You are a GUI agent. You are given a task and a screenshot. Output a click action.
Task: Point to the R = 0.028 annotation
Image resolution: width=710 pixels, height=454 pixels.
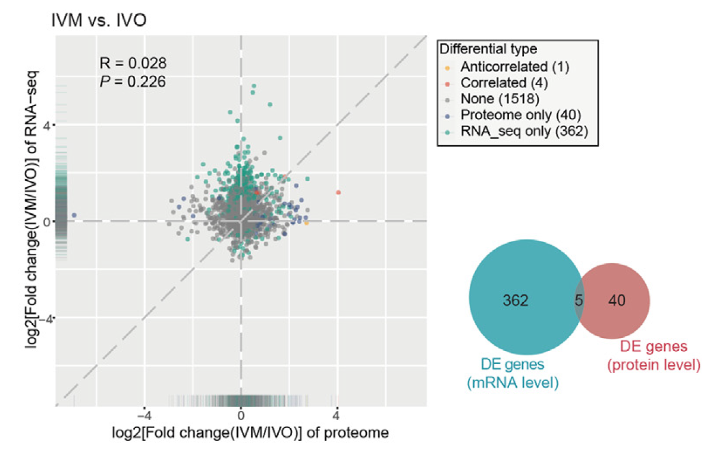coord(133,63)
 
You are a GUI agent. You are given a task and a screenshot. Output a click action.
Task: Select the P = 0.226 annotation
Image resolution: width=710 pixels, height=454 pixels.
coord(133,81)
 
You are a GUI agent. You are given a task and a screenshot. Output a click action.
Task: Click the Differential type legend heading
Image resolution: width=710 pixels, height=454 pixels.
coord(486,48)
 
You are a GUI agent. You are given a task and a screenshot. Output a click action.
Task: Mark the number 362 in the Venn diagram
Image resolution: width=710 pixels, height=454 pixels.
coord(515,300)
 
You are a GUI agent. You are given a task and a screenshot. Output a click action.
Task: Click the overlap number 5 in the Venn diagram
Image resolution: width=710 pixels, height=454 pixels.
coord(579,300)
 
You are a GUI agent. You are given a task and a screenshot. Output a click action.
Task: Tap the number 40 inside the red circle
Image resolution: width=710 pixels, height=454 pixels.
coord(617,300)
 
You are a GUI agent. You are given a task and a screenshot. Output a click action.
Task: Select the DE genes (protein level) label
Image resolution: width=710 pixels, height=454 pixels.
coord(653,355)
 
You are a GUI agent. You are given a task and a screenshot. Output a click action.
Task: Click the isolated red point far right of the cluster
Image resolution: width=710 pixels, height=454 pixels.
coord(338,192)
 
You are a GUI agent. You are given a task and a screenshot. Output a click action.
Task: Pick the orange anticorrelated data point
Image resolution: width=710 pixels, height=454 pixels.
coord(306,223)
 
